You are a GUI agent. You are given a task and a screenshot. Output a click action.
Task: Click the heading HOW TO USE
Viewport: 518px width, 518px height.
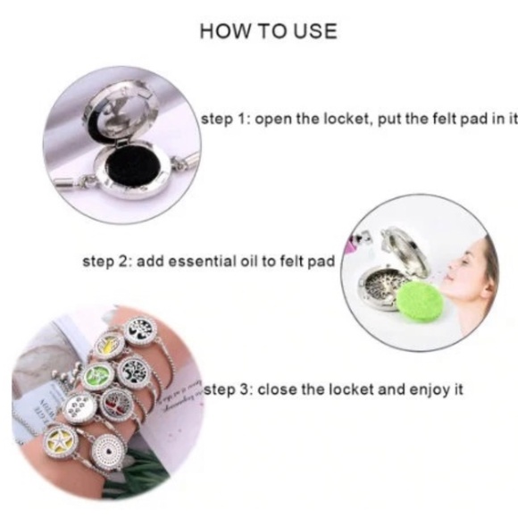click(x=269, y=32)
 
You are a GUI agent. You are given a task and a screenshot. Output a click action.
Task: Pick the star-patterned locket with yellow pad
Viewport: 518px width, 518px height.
click(x=61, y=442)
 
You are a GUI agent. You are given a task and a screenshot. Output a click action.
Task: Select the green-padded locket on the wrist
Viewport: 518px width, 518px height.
click(x=98, y=377)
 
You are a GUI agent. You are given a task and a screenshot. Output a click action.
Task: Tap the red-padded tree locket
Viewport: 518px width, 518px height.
click(x=117, y=404)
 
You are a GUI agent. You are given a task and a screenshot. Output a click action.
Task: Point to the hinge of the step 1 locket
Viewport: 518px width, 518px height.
click(x=121, y=144)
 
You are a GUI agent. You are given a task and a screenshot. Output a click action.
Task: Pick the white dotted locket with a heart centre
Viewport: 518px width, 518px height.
click(x=107, y=450)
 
